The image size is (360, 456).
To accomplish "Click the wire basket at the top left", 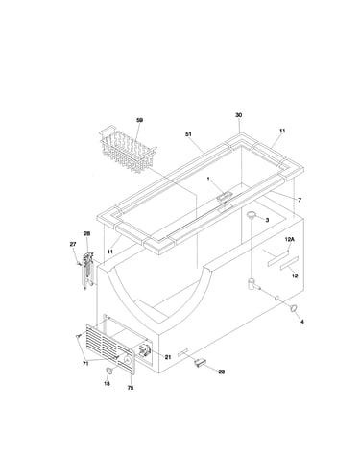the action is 127,150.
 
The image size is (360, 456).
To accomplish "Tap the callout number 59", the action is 139,120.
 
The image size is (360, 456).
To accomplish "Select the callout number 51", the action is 188,134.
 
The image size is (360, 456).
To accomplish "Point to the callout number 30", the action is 239,115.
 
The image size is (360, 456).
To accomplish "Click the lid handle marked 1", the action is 225,196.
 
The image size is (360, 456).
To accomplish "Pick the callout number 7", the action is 300,200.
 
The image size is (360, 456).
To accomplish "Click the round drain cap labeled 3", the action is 252,214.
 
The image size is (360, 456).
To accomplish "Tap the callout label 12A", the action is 289,239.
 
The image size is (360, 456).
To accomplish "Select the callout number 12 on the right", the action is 295,276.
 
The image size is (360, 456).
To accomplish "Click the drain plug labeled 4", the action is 294,308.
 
